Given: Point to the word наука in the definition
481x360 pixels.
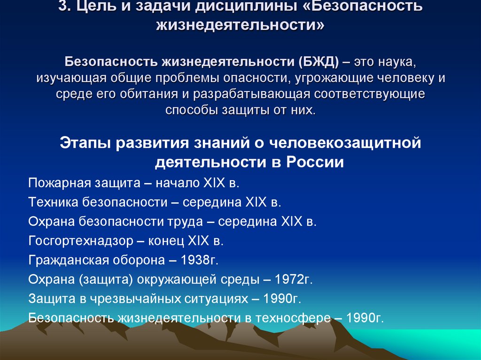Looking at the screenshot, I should coord(395,61).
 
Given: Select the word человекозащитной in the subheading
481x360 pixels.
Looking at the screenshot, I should coord(345,143).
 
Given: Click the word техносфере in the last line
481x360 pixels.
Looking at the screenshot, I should coord(294,318).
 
